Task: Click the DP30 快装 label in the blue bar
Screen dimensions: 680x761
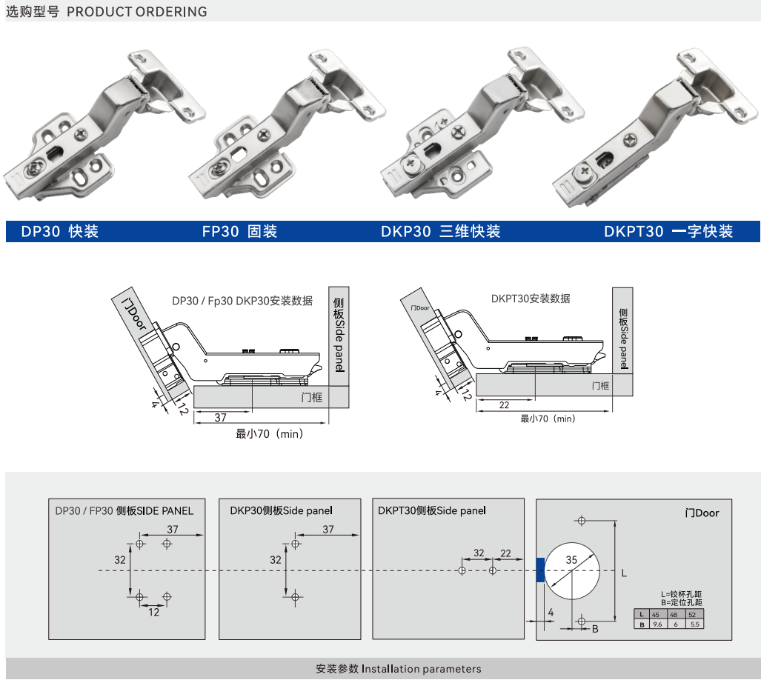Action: point(59,232)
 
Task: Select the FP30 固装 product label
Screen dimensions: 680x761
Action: point(239,232)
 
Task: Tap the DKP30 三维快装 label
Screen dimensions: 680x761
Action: point(440,232)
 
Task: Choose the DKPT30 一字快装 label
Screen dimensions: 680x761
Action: point(668,232)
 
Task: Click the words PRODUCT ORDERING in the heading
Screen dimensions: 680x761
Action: point(137,12)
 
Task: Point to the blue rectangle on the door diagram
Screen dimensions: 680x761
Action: point(540,570)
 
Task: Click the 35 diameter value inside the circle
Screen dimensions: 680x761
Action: point(571,560)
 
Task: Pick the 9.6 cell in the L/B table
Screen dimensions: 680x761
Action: point(655,624)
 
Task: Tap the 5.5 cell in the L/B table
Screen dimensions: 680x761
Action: point(694,624)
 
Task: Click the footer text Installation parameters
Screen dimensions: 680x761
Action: point(421,669)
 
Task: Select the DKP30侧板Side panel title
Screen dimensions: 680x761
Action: point(281,510)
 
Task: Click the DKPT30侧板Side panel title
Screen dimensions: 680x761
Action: point(431,510)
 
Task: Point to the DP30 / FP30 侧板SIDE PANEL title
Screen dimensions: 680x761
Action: point(124,510)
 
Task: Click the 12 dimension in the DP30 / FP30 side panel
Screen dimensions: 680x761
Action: point(153,612)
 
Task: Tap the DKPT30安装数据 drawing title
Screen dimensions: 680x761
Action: point(531,299)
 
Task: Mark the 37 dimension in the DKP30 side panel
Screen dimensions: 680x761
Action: point(329,529)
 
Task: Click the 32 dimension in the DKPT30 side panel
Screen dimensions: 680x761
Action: point(479,553)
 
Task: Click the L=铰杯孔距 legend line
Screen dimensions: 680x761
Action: point(682,594)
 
